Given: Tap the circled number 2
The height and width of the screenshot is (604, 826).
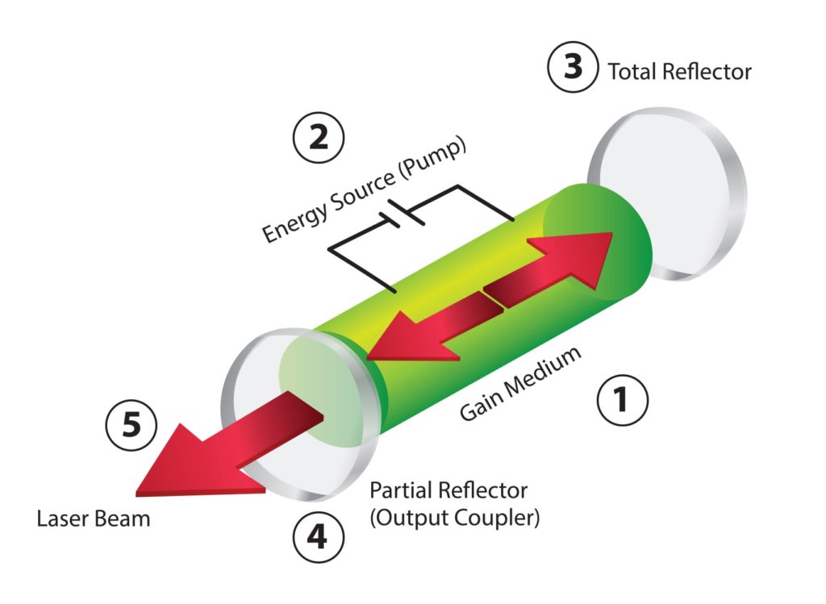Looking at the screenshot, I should [x=318, y=138].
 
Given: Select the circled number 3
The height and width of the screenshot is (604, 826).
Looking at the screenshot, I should [x=572, y=67].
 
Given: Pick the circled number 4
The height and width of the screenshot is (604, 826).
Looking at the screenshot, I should [x=318, y=535].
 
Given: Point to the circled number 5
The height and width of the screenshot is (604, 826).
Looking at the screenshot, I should [x=130, y=425].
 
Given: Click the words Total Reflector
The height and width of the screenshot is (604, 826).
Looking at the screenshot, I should [x=679, y=72].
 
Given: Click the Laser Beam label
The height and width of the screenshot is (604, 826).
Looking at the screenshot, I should [x=94, y=518].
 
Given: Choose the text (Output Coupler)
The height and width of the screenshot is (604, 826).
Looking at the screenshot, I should [x=454, y=517].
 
